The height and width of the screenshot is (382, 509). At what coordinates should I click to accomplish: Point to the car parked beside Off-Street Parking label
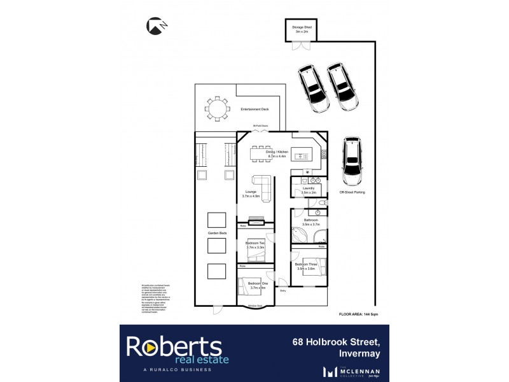pyautogui.click(x=351, y=159)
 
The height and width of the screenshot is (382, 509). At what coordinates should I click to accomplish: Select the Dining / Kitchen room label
pyautogui.click(x=277, y=153)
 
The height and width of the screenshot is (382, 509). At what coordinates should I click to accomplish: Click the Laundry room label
pyautogui.click(x=309, y=189)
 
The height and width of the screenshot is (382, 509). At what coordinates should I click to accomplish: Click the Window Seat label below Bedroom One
pyautogui.click(x=255, y=306)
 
